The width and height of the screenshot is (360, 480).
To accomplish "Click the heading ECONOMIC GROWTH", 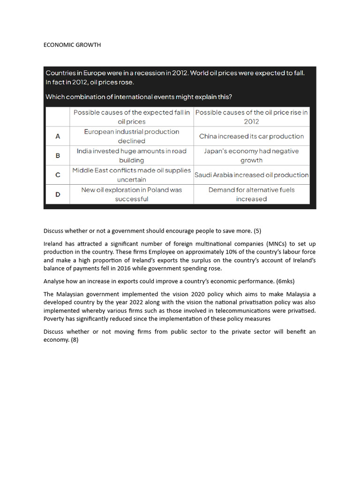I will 72,45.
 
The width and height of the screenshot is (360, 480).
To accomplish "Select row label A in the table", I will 58,136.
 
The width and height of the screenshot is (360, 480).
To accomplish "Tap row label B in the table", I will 58,156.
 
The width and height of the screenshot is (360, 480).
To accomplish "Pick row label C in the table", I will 58,175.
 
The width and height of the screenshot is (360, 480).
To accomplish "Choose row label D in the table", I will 58,194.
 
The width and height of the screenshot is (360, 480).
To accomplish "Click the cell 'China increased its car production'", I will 251,136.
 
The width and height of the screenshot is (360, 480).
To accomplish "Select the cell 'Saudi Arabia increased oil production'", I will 251,175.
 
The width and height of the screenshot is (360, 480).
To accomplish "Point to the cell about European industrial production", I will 131,136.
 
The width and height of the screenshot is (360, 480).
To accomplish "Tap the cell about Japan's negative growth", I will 251,156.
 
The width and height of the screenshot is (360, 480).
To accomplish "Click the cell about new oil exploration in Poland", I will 131,194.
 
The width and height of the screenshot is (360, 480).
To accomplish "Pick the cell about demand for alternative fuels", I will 251,194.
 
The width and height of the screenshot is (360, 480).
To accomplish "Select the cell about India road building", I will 131,156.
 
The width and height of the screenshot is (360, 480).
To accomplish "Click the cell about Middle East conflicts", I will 131,175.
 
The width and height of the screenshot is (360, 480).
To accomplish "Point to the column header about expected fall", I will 131,117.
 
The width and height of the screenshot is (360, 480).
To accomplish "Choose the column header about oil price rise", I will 251,117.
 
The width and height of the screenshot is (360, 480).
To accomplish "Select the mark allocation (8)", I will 74,340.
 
